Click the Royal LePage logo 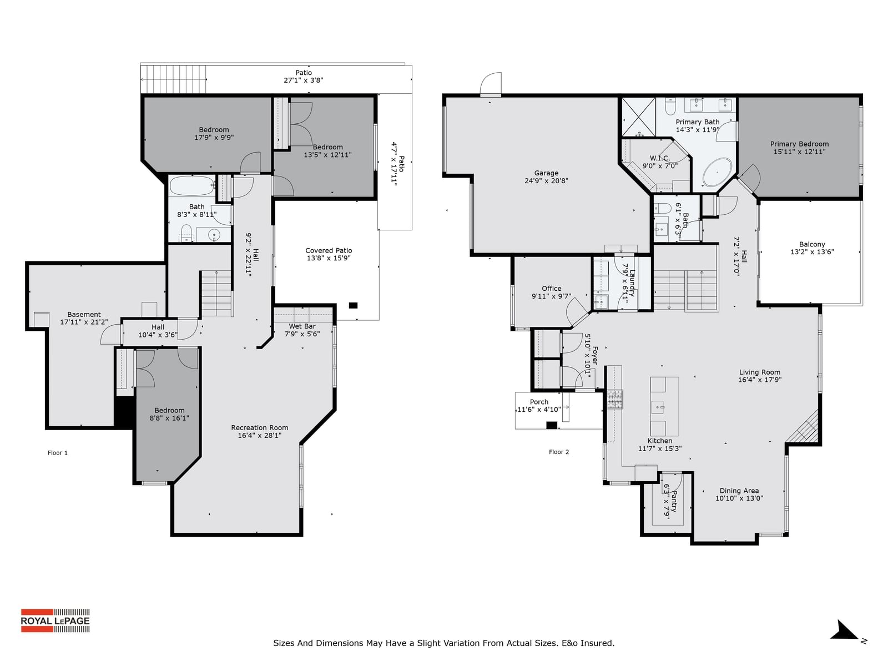click(x=56, y=620)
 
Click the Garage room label click(x=546, y=173)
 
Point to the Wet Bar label click(x=302, y=326)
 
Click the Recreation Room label click(x=260, y=428)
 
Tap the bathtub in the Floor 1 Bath click(x=191, y=186)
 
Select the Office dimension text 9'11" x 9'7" click(x=552, y=296)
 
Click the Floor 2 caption click(x=559, y=452)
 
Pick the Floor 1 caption click(x=58, y=453)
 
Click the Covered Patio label click(x=329, y=251)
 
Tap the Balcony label click(x=812, y=244)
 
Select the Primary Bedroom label click(x=799, y=144)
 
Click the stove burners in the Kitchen click(x=614, y=399)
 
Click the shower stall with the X click(x=638, y=117)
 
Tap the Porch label click(x=539, y=402)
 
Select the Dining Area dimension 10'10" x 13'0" click(x=739, y=498)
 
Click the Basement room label click(x=84, y=315)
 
